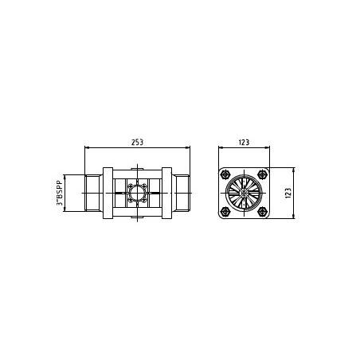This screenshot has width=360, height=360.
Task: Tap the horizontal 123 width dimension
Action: point(244,142)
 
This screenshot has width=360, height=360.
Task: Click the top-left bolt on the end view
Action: point(225,174)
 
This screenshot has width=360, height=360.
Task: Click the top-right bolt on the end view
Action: point(263,174)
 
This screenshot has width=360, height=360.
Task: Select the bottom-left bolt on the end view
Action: point(225,211)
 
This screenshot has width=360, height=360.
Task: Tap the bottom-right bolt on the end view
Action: point(263,211)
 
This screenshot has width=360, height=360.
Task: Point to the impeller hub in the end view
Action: point(244,193)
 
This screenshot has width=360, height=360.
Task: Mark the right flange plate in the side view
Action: point(167,193)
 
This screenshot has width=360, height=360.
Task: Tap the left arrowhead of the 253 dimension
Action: point(87,148)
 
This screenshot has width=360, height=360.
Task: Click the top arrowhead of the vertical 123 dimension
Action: point(294,170)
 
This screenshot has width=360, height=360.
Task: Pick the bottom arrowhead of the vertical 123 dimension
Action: point(294,217)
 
